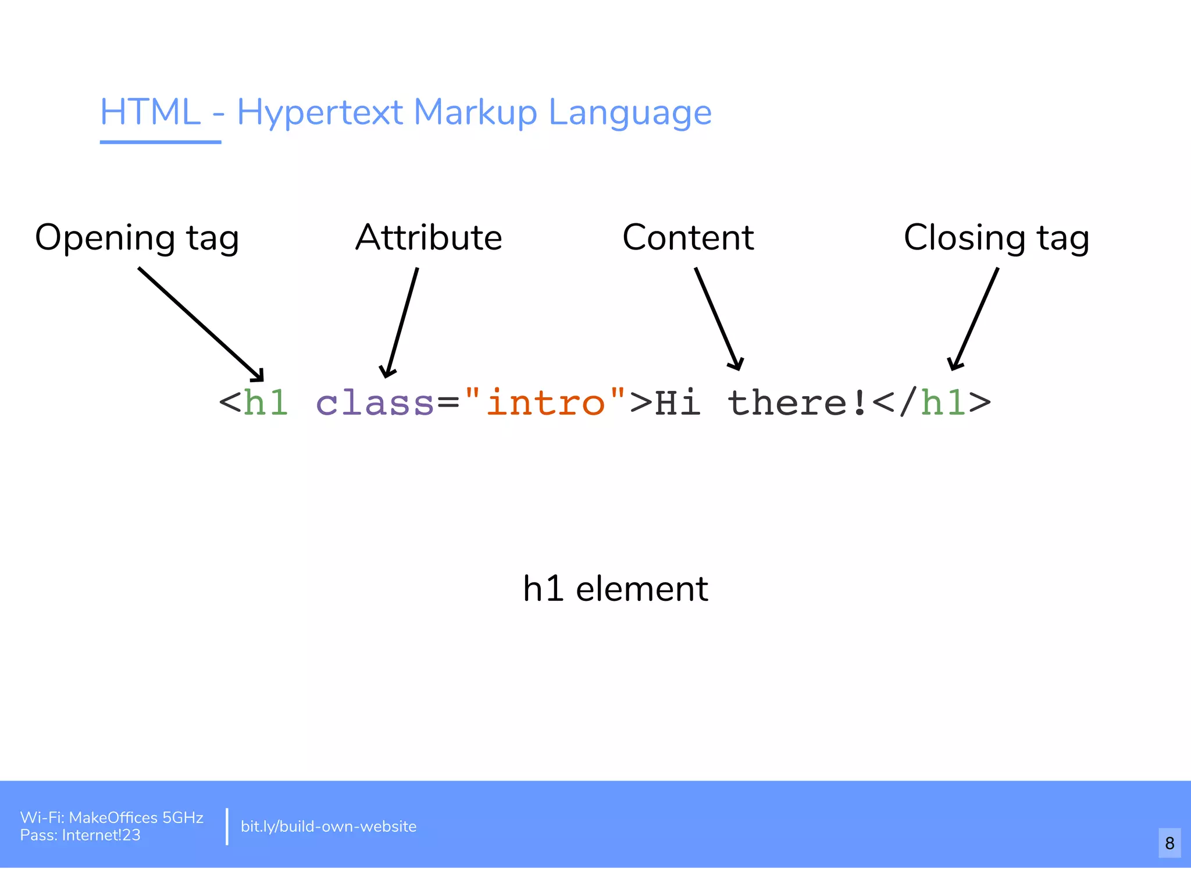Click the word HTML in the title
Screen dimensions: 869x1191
tap(150, 112)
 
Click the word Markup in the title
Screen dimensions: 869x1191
tap(475, 113)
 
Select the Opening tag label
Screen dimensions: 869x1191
tap(137, 238)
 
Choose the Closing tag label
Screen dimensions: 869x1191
tap(996, 238)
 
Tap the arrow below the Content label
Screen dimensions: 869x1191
tap(717, 319)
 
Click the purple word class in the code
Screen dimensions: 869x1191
tap(375, 403)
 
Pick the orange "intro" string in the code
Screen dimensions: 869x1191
tap(545, 402)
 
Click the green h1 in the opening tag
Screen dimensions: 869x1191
tap(266, 403)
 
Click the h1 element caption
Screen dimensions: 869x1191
tap(615, 589)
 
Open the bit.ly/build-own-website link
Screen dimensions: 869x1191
tap(329, 827)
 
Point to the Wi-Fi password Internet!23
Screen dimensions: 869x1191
tap(101, 835)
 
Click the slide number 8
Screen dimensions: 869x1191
tap(1169, 843)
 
